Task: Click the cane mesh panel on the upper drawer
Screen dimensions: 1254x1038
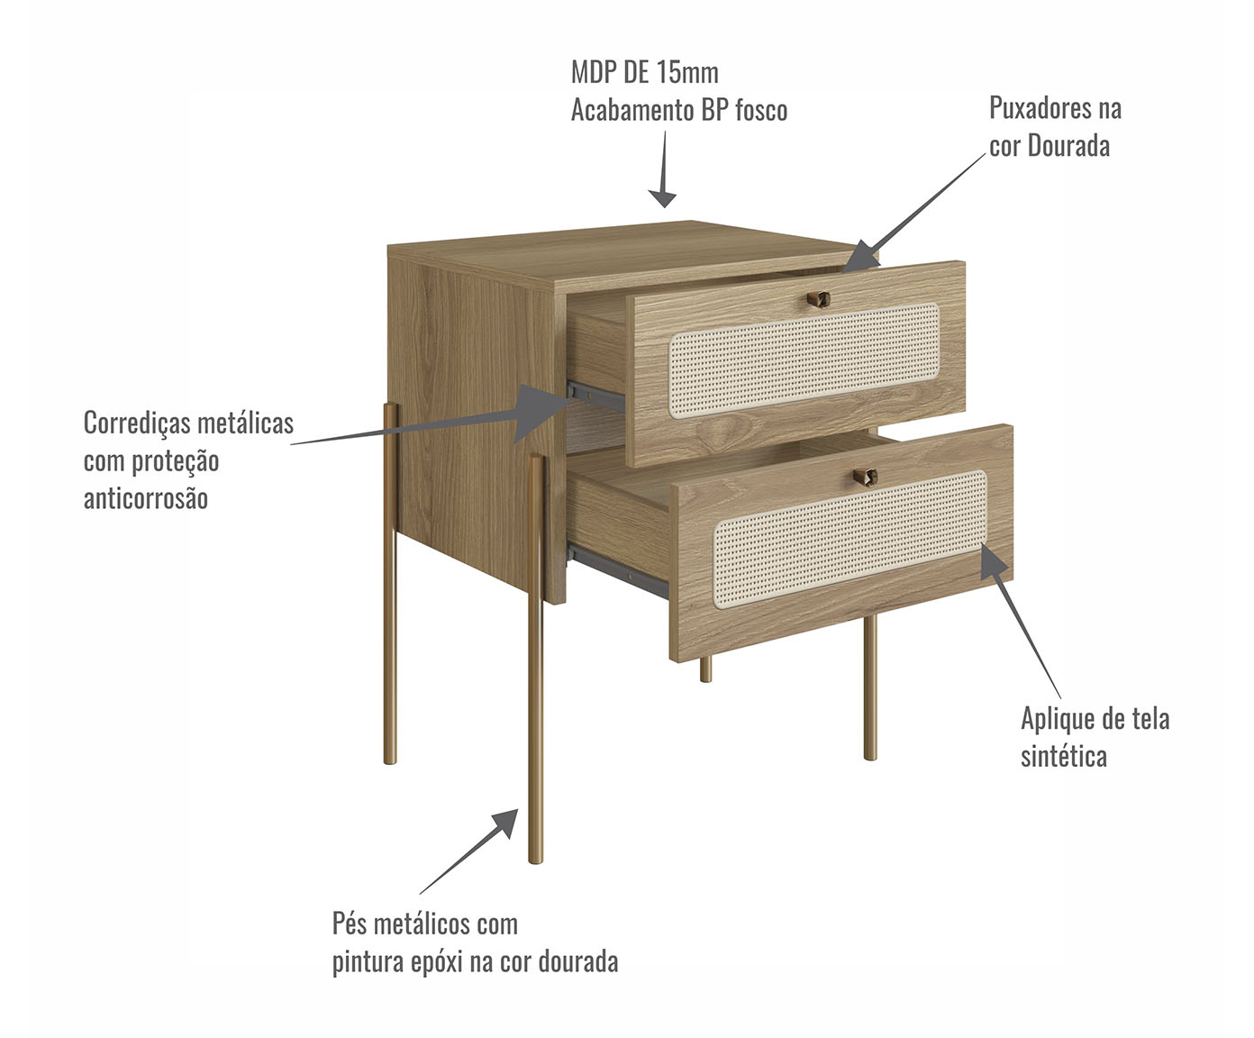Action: [804, 360]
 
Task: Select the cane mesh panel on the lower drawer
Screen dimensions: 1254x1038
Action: [850, 539]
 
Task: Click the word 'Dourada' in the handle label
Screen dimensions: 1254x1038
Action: [1068, 146]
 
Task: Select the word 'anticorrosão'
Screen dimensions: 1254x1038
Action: [146, 498]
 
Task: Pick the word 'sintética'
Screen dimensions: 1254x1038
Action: [1064, 756]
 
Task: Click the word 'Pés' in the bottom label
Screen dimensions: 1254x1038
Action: [350, 924]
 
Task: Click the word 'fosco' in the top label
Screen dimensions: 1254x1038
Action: [761, 111]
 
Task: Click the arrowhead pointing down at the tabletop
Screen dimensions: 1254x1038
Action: [662, 198]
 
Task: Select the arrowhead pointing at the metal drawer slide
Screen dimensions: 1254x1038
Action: [538, 412]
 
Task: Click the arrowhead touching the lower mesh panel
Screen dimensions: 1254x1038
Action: [994, 562]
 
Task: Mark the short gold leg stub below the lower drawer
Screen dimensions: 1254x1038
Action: [705, 669]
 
